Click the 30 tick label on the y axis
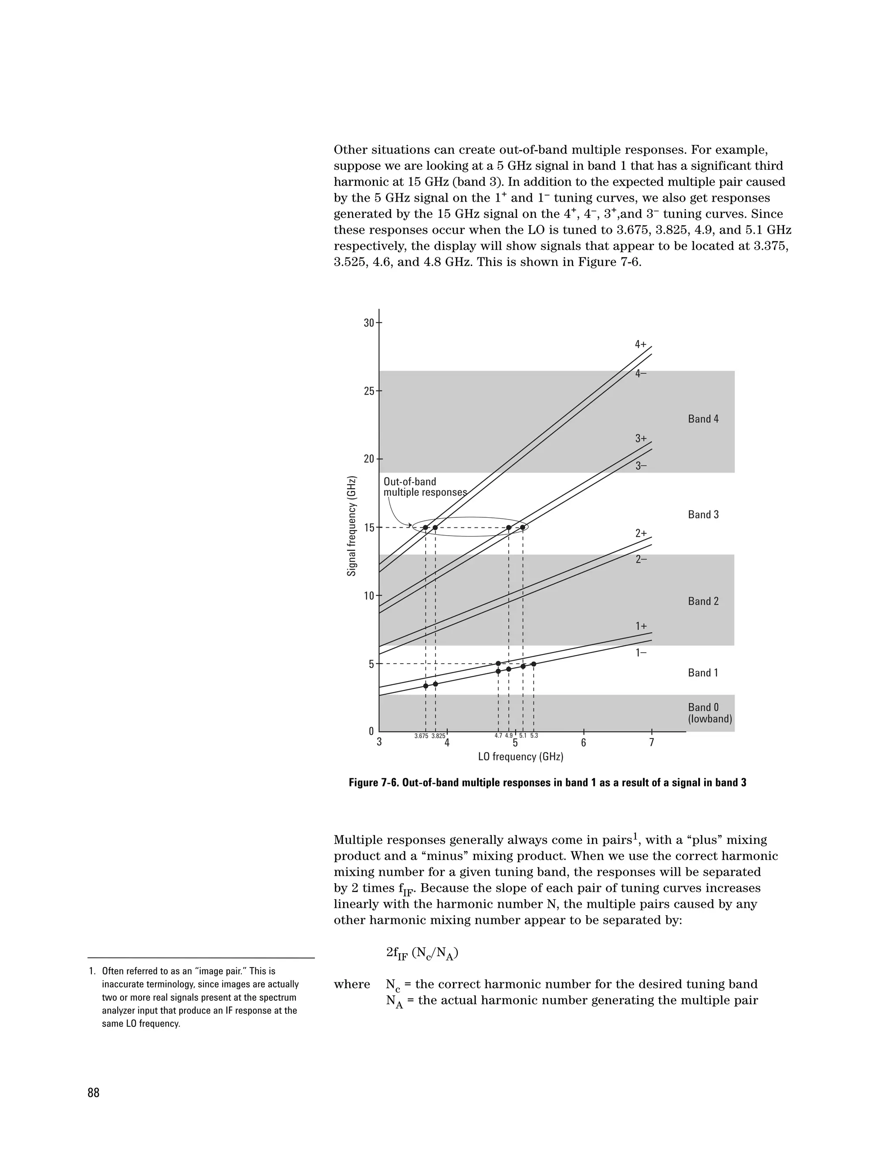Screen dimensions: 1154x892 (368, 323)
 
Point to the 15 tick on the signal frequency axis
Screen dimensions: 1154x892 (369, 528)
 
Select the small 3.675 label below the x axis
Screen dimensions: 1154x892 (421, 736)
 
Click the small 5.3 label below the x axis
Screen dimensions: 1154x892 (534, 736)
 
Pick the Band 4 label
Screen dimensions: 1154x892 (703, 419)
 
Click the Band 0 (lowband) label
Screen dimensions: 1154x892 (709, 713)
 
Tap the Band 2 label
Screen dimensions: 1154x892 (703, 601)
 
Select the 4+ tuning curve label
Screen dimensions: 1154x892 (640, 344)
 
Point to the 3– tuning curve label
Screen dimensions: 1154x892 (640, 466)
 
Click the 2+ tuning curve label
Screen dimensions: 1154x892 (640, 534)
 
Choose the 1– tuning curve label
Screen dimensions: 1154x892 (640, 653)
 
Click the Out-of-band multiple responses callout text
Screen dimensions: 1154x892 (425, 487)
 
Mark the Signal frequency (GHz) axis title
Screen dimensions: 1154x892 (351, 526)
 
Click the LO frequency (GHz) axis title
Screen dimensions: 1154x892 (520, 757)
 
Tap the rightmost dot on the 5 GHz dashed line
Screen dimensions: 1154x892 (534, 664)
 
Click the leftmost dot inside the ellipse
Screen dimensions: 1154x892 (426, 527)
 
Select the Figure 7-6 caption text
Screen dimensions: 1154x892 (547, 783)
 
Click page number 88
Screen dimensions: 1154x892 (94, 1093)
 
